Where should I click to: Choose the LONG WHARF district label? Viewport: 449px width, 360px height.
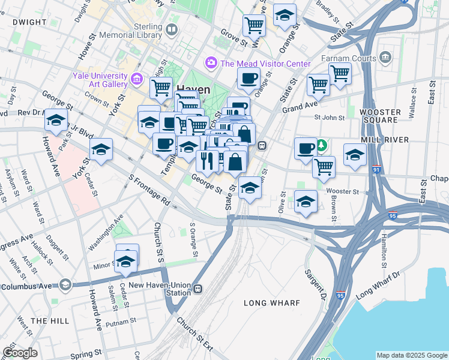tap(271, 303)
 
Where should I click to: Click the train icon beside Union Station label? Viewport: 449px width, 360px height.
tap(197, 291)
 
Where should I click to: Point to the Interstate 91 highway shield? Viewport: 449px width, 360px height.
tap(376, 170)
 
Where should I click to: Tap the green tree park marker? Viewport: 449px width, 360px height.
tap(322, 145)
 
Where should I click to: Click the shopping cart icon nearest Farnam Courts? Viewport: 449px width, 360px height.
tap(340, 73)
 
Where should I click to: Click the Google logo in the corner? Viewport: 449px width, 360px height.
tap(20, 353)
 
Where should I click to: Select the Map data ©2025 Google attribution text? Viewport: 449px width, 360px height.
tap(411, 355)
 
